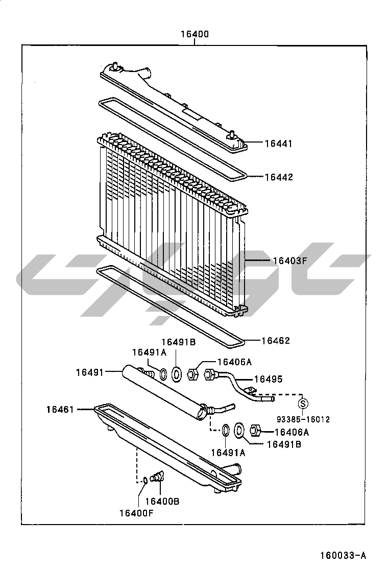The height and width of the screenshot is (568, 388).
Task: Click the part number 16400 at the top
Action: point(195,34)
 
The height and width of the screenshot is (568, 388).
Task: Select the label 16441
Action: point(278,144)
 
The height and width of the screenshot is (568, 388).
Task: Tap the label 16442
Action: point(279,177)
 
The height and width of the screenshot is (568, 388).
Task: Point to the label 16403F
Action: point(290,261)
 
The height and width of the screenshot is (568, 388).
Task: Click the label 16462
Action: point(276,341)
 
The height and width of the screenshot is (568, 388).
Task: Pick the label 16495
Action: point(268,380)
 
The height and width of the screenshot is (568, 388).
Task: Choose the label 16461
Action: point(60,410)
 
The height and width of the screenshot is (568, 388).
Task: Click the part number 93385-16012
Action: point(303,419)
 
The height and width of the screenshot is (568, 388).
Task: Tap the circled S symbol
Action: point(303,403)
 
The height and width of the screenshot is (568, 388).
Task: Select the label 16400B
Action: point(162,502)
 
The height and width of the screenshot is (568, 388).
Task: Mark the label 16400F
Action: point(136,513)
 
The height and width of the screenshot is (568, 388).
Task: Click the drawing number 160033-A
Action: point(343,555)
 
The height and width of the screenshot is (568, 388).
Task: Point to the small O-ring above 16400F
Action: point(144,480)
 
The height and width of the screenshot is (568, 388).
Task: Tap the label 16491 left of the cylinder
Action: point(90,372)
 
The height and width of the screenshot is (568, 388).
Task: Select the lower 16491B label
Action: point(284,444)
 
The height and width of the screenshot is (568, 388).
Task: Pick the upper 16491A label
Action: point(149,352)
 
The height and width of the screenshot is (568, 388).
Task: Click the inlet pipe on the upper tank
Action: point(145,73)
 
